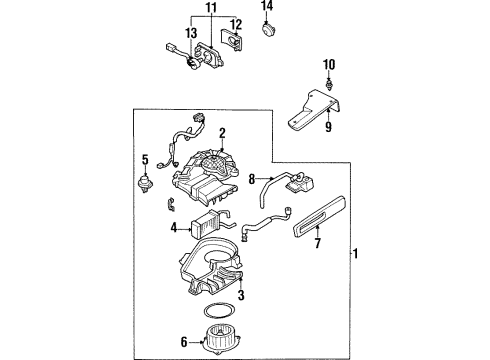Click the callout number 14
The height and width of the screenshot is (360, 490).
[x=267, y=6]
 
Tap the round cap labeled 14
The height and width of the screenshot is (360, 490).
[x=268, y=30]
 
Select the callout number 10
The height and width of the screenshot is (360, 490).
[x=329, y=65]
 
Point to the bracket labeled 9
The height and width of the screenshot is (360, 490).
[x=313, y=109]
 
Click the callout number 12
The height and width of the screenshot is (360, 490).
[x=236, y=25]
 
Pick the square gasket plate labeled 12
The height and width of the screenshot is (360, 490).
[x=231, y=40]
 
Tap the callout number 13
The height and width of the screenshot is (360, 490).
[x=191, y=33]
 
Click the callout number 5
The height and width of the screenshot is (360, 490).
[x=145, y=160]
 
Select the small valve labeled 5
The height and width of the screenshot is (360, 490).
[x=145, y=183]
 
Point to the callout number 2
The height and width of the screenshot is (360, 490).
[x=222, y=134]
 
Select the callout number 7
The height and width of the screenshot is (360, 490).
[x=318, y=243]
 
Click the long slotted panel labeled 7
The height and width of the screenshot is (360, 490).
[x=319, y=217]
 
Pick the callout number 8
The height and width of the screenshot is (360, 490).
[x=252, y=179]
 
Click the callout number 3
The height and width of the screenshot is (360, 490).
[x=241, y=295]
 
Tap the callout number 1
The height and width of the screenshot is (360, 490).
[x=356, y=254]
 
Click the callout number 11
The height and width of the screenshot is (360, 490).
[x=211, y=7]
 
